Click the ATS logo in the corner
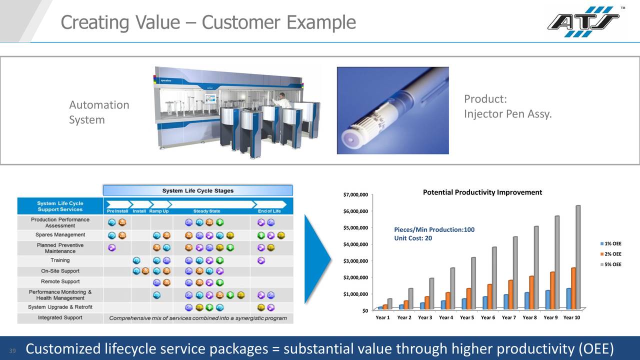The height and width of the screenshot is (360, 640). (x=583, y=21)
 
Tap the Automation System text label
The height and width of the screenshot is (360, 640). (x=99, y=112)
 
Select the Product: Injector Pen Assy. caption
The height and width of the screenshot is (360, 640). (x=507, y=106)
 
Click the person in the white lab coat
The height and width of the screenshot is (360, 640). (x=283, y=100)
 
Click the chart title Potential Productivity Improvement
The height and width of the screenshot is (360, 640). (x=482, y=192)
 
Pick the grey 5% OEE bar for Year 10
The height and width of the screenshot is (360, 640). (x=577, y=257)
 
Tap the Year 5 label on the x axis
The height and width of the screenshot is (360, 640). (x=466, y=318)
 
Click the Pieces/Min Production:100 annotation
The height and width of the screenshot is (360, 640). (x=434, y=229)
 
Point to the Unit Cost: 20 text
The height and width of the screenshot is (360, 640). (x=413, y=238)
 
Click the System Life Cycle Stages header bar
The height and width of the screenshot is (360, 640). (x=197, y=190)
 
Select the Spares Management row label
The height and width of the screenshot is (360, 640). (x=60, y=235)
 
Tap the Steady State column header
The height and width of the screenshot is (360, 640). (x=206, y=211)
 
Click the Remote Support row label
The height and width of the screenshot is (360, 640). (x=60, y=281)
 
